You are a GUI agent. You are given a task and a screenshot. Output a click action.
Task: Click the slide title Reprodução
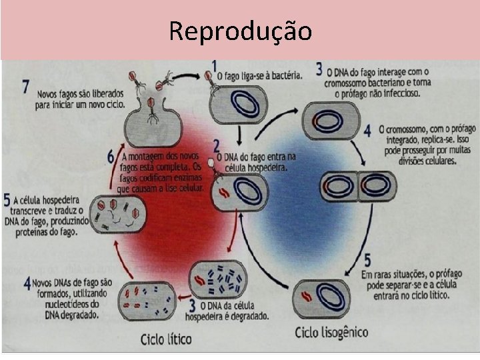point(240,31)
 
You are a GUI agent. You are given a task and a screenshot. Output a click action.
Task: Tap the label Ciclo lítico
point(166,339)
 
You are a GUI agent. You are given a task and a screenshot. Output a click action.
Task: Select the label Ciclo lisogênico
point(331,332)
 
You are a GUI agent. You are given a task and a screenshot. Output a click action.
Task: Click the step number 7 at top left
point(25,87)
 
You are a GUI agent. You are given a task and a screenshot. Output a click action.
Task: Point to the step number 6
point(111,157)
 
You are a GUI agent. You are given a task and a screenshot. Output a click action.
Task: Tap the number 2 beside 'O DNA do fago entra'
point(216,145)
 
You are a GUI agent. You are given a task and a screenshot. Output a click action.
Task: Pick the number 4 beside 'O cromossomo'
point(367,130)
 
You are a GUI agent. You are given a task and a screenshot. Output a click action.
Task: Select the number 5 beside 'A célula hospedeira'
point(7,199)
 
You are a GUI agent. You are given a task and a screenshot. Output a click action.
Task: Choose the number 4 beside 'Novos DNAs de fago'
point(27,283)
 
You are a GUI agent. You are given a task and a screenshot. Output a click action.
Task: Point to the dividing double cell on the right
point(359,186)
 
